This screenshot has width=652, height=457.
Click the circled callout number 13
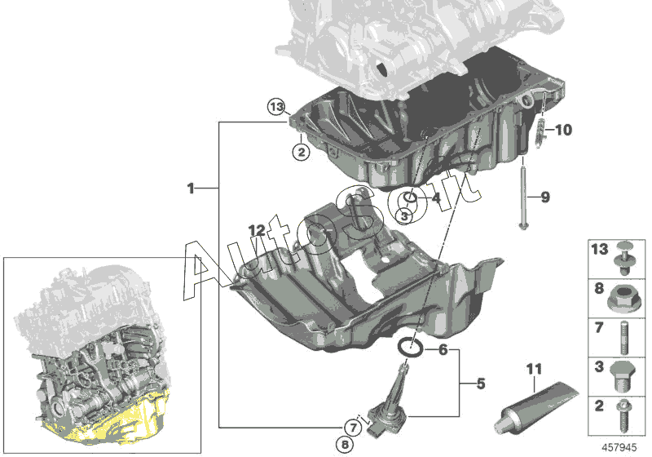(278, 106)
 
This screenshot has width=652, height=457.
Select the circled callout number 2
(301, 151)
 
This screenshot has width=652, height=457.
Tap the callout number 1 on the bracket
(191, 189)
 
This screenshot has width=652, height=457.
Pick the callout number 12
(257, 231)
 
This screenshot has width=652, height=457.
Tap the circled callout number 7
(351, 427)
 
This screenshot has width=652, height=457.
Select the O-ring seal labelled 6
(409, 349)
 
